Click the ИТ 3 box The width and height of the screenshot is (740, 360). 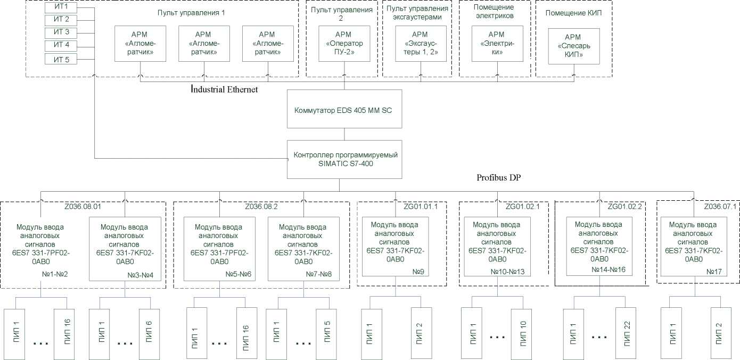(61, 32)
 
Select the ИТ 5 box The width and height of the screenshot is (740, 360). (61, 59)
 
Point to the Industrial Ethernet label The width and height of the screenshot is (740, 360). (225, 89)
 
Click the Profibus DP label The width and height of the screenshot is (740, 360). (498, 177)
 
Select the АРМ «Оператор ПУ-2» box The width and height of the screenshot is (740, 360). (343, 44)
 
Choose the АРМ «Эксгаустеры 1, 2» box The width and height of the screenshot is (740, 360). (421, 44)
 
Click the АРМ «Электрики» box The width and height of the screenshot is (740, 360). (497, 44)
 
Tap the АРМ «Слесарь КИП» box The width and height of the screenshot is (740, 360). (574, 46)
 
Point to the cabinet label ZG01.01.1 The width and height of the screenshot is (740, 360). (421, 207)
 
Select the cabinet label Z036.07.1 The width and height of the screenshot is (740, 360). (720, 207)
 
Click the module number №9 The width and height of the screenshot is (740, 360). (418, 271)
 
